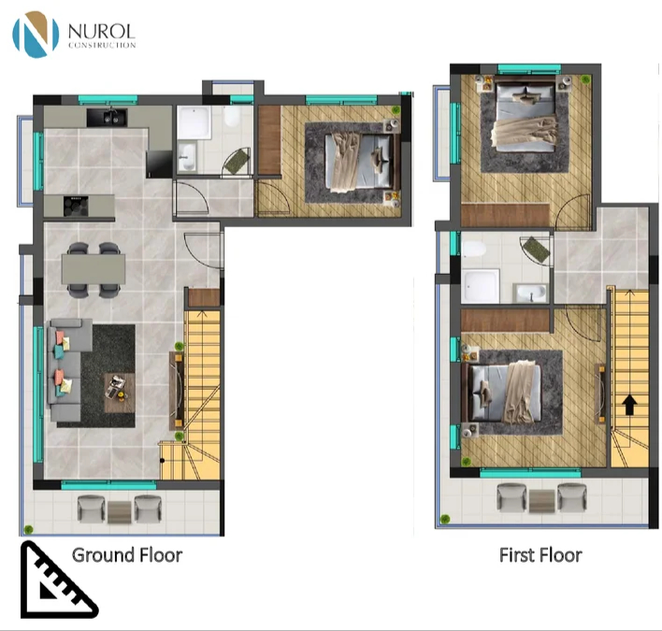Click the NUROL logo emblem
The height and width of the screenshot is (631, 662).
coord(36,35)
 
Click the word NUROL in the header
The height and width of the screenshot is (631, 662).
coord(101,31)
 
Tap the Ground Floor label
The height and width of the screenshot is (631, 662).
coord(127,555)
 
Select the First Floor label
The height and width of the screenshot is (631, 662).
coord(540,555)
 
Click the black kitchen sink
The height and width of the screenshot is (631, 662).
coord(107,118)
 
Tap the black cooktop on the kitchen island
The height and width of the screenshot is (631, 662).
coord(76,206)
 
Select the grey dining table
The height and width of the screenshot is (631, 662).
coord(94,269)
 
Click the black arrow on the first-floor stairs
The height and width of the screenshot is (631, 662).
coord(629,405)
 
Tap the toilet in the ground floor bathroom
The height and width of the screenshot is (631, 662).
coord(232,116)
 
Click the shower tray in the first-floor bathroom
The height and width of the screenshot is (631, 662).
coord(481,286)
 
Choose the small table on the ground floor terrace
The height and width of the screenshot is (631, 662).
coord(119,512)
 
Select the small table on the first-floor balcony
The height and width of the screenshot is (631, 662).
coord(541,501)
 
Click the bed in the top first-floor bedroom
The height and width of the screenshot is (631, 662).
coord(525,116)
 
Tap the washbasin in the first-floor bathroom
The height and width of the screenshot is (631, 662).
coord(530,293)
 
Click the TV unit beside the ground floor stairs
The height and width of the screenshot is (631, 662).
coord(177,391)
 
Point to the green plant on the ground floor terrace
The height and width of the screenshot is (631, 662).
coord(28,529)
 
